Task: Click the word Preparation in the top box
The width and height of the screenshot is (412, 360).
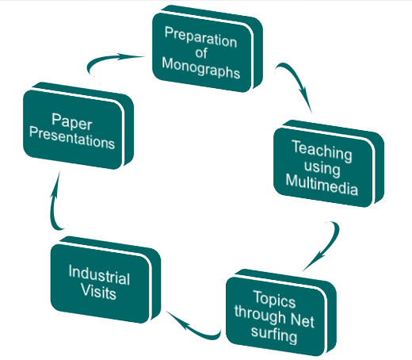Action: (200, 37)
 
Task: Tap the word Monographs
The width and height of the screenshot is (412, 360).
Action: (200, 68)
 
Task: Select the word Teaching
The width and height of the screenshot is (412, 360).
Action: (322, 151)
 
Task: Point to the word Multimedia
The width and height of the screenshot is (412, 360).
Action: (322, 185)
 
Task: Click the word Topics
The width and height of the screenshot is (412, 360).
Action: (274, 300)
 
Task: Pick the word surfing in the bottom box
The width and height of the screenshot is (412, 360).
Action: (274, 334)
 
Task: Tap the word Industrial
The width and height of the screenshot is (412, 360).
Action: (99, 275)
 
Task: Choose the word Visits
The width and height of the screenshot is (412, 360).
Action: (98, 291)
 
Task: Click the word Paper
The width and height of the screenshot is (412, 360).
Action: (72, 121)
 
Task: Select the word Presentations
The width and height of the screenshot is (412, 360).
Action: (72, 138)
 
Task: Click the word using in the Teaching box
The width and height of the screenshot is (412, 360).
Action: (322, 168)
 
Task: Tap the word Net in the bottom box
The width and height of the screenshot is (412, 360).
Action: (303, 320)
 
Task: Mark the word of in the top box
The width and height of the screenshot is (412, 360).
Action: (201, 53)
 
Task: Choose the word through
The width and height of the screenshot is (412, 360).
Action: (260, 315)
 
